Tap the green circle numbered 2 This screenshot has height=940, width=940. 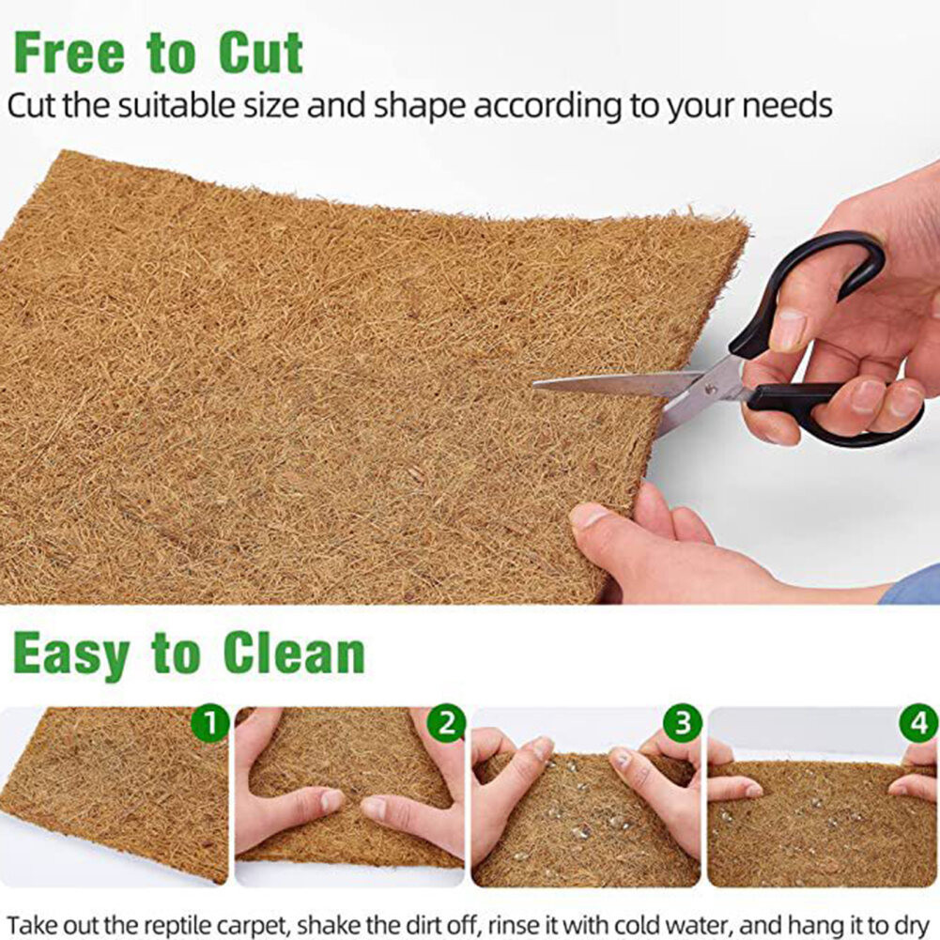[447, 724]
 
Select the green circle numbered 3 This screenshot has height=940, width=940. [683, 724]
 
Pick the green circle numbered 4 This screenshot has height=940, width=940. [918, 724]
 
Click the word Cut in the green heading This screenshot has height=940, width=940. [261, 54]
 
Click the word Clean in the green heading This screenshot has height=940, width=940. [294, 654]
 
